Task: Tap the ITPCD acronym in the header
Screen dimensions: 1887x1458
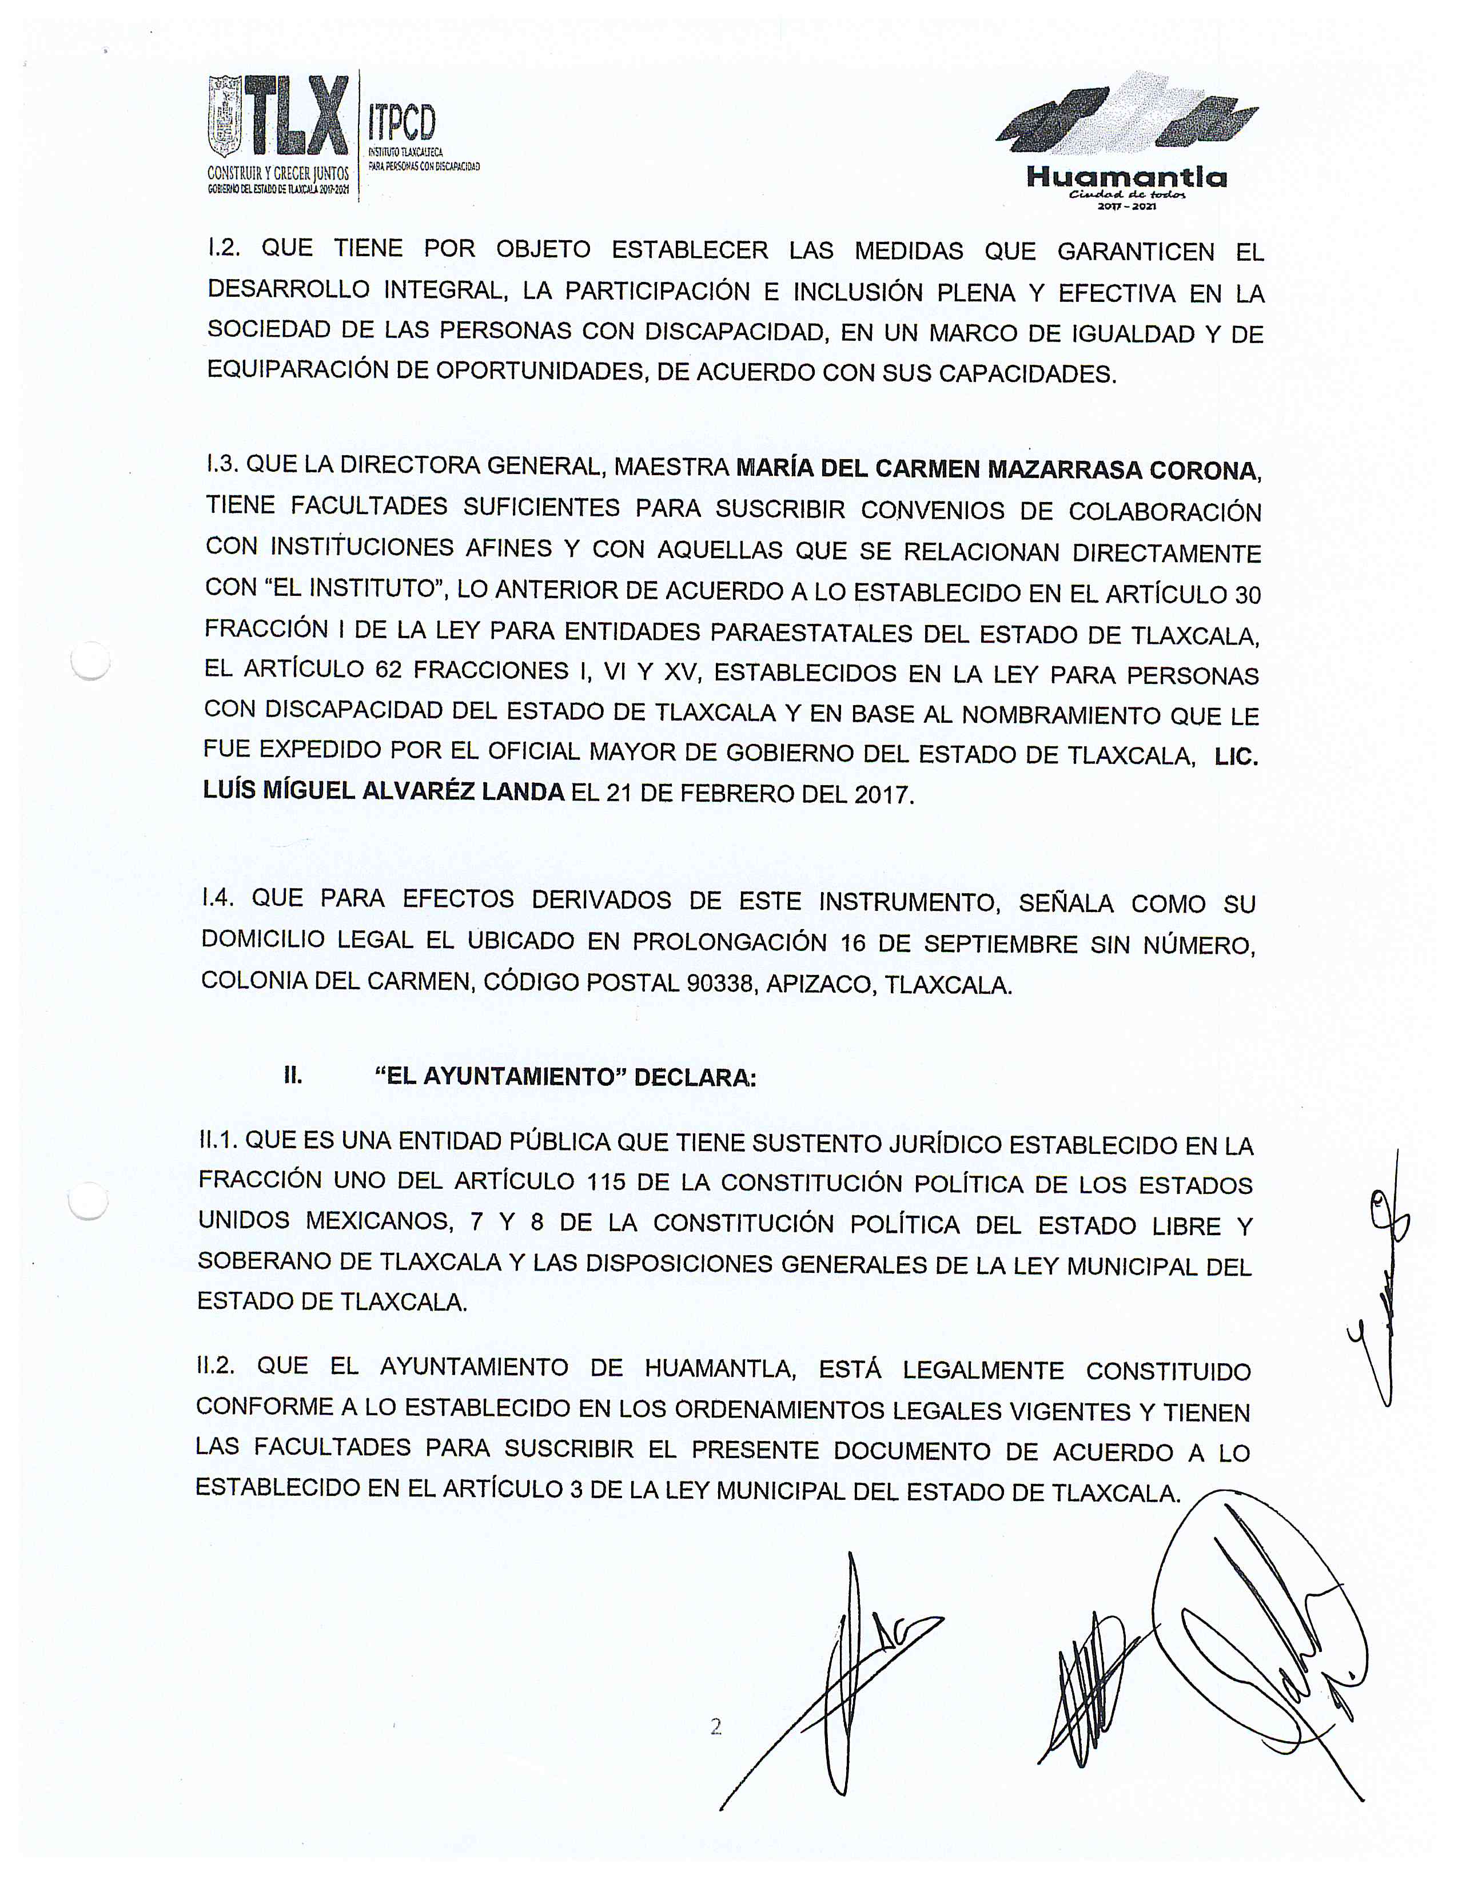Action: click(x=401, y=123)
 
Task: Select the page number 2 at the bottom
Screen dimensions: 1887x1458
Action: click(x=715, y=1726)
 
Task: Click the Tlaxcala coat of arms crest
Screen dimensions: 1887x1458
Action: click(x=225, y=117)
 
